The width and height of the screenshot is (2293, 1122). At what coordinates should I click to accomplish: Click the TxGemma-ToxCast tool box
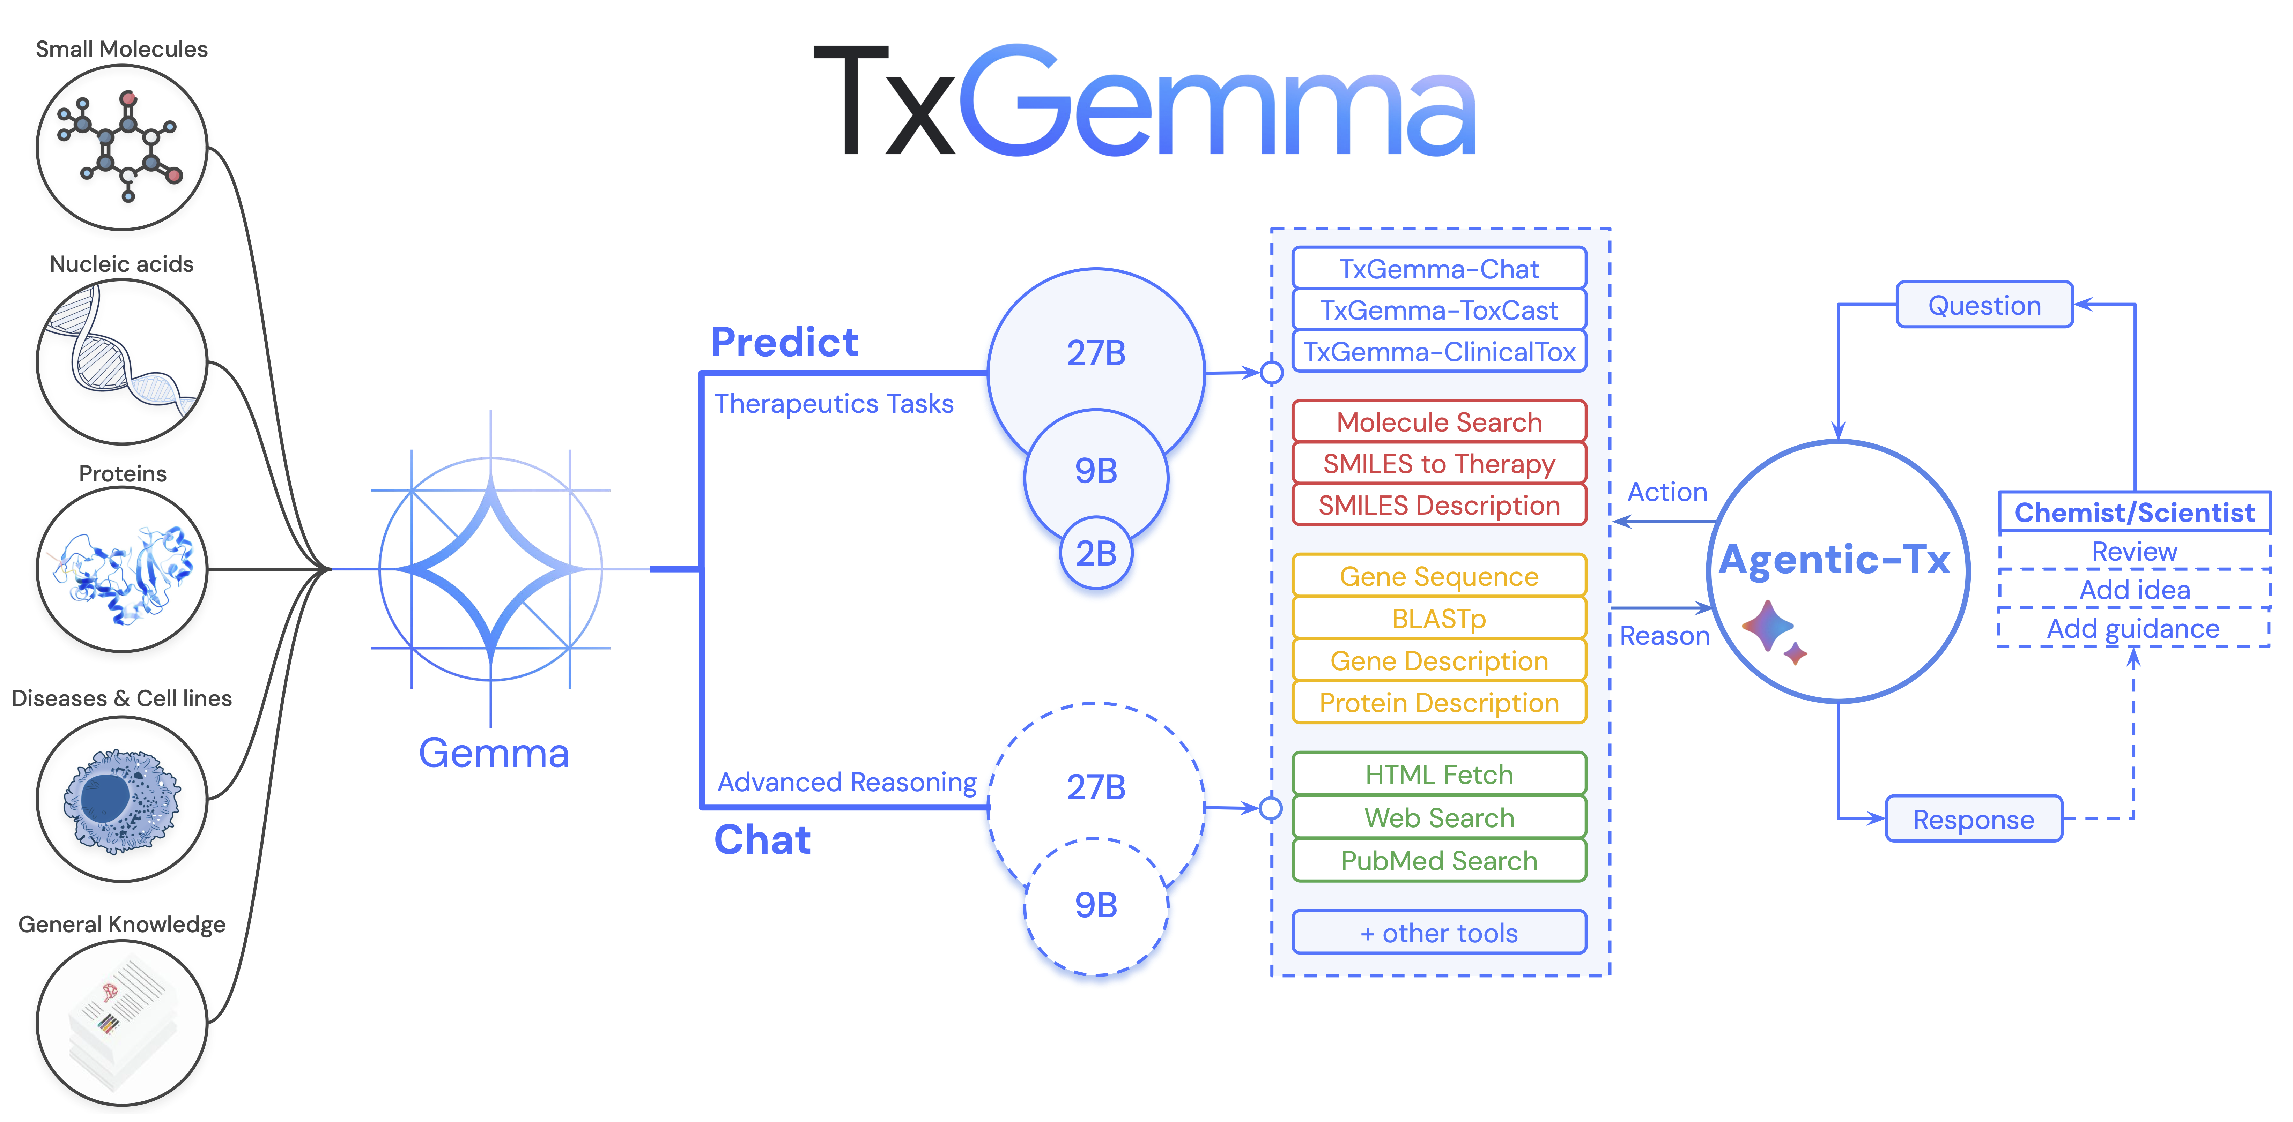point(1438,311)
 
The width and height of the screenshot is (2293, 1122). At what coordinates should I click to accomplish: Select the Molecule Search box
point(1438,422)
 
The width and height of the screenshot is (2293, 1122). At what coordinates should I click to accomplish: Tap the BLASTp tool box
point(1438,618)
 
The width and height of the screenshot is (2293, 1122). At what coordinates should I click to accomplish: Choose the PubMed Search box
point(1438,860)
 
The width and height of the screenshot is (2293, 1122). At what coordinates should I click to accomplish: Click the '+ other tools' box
point(1438,933)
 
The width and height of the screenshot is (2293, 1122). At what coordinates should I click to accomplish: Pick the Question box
point(1984,305)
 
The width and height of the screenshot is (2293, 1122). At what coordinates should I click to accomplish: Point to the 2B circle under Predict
point(1096,553)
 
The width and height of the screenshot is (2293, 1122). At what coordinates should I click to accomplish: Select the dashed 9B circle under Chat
point(1096,905)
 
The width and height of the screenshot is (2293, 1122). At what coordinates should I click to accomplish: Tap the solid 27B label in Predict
point(1096,353)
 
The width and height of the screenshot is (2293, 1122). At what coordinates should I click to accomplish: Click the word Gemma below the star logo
point(493,753)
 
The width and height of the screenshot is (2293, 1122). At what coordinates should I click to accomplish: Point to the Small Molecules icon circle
point(122,147)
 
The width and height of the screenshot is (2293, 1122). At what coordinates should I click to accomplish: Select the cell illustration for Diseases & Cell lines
point(122,799)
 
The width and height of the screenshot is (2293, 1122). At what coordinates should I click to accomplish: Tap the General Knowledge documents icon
point(122,1023)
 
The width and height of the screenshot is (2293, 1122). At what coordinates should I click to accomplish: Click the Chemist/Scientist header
point(2134,513)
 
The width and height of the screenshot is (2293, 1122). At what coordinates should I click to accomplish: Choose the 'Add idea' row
point(2134,589)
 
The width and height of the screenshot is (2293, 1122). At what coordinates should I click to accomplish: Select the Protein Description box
point(1438,703)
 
